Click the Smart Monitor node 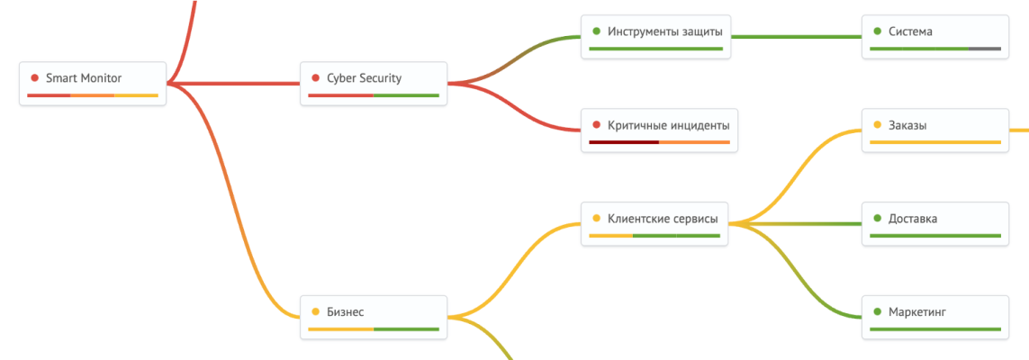(x=93, y=83)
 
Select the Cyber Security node (x=373, y=83)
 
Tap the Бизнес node (x=373, y=316)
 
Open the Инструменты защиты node (x=658, y=36)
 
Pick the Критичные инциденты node (x=658, y=130)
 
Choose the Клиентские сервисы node (x=654, y=222)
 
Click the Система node (x=934, y=36)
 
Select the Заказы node (x=934, y=130)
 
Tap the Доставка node (x=934, y=222)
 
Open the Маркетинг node (x=934, y=316)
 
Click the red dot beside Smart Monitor (x=34, y=78)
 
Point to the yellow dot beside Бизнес (x=315, y=311)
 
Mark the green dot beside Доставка (x=877, y=218)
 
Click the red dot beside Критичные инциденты (x=596, y=125)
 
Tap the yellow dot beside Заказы (x=877, y=125)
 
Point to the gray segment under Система (x=985, y=48)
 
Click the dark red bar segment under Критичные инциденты (x=623, y=141)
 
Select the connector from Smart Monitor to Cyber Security (x=234, y=84)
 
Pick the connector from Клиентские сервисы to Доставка (x=801, y=223)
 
